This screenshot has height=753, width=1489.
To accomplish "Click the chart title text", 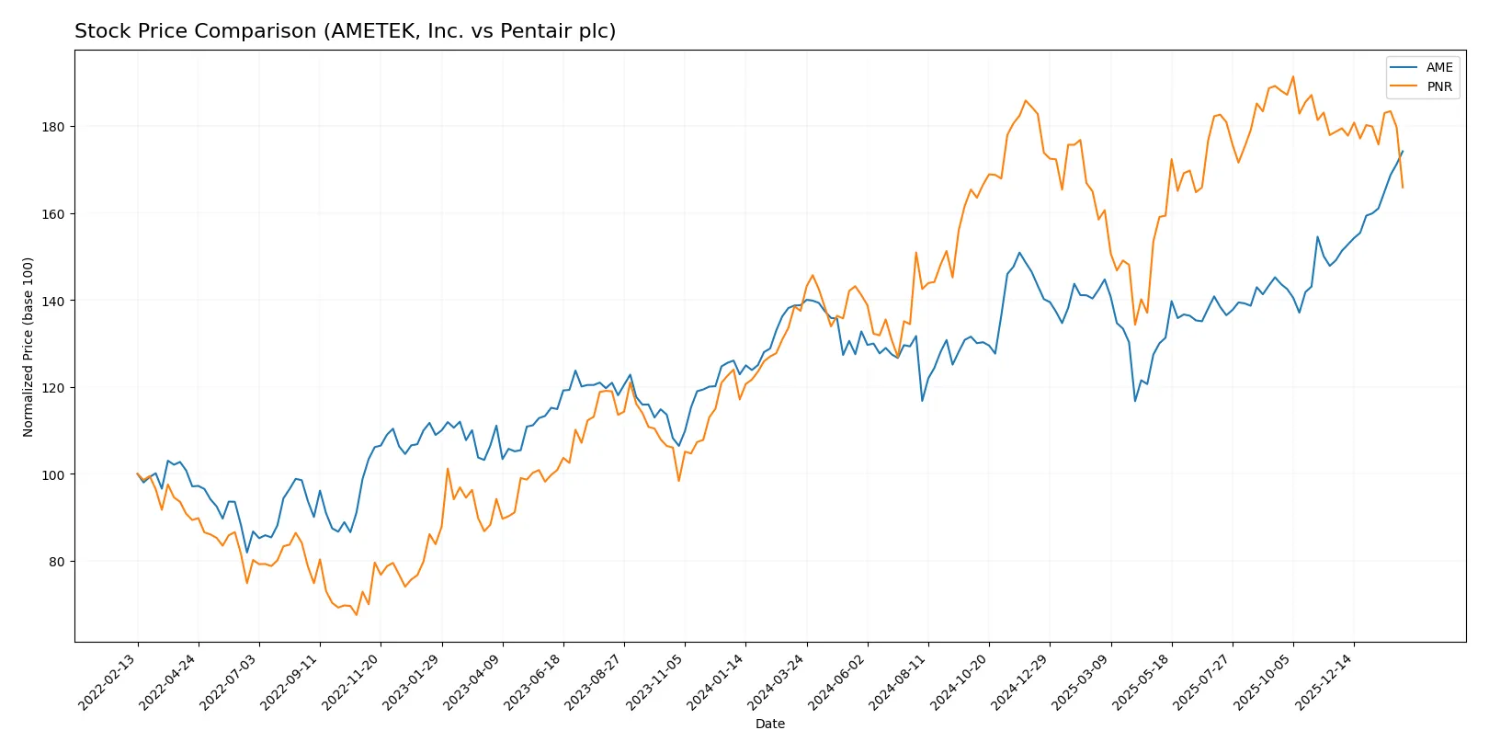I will point(345,31).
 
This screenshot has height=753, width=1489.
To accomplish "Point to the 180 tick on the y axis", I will point(53,127).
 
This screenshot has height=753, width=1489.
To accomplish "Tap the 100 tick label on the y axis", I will point(53,475).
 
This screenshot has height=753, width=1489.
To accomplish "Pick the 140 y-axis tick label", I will point(53,302).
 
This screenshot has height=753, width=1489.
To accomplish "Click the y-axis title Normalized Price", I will point(28,347).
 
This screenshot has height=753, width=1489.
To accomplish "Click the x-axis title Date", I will point(769,724).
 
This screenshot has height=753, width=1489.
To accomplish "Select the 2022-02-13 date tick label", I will point(108,682).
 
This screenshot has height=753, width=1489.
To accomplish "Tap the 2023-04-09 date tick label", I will point(473,682).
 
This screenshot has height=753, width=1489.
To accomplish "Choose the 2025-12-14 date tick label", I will point(1324,682).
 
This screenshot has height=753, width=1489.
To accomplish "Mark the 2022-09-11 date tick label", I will point(290,682).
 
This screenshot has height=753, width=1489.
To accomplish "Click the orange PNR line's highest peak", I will point(1293,76).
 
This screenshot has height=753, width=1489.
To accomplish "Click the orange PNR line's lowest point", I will point(356,614).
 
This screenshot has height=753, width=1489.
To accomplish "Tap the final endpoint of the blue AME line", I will point(1403,151).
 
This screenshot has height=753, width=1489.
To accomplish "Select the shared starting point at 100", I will point(138,474).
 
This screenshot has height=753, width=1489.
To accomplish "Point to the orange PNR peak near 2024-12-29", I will point(1026,100).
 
